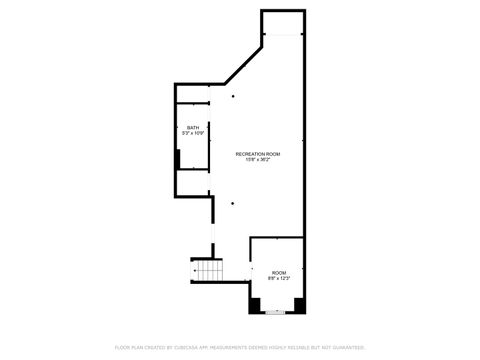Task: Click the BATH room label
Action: [193, 127]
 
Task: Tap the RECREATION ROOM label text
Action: [258, 153]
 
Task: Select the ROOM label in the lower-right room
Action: [278, 272]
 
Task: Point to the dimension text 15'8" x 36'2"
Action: [258, 160]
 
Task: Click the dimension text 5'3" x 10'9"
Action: [193, 133]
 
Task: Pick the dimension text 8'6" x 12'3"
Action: [278, 278]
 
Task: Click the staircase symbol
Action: [207, 272]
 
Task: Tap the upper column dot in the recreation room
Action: [232, 97]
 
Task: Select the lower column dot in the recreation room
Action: [232, 203]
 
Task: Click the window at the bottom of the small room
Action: [275, 311]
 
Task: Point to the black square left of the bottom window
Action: [255, 304]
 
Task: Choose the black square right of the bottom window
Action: [295, 304]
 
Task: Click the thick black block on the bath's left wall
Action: [177, 160]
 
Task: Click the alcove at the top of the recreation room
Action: [282, 22]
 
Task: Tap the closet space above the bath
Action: [192, 92]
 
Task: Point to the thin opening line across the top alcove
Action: [282, 35]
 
